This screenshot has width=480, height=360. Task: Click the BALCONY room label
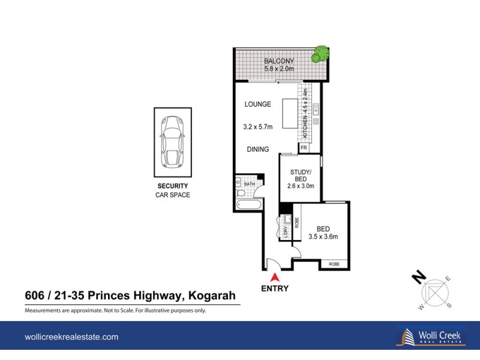(279, 61)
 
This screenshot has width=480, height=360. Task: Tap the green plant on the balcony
(319, 55)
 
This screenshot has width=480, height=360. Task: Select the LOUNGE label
(258, 104)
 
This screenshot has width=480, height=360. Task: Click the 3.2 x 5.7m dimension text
(258, 127)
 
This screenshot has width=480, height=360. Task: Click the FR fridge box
(304, 148)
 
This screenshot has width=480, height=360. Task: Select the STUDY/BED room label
(300, 175)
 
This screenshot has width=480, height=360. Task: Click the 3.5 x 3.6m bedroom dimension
(323, 236)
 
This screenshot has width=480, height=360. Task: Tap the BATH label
(249, 184)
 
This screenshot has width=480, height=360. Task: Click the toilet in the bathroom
(241, 192)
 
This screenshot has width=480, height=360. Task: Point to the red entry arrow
(275, 277)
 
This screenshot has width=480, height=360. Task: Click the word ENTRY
(275, 289)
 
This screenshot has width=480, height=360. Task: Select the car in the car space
(173, 141)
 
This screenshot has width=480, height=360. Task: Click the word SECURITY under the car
(173, 186)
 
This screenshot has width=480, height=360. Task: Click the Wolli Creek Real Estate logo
(429, 337)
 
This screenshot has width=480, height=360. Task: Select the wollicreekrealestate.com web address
(71, 337)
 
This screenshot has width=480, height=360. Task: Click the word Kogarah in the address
(212, 295)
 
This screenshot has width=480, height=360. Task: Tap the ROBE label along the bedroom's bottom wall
(334, 265)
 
